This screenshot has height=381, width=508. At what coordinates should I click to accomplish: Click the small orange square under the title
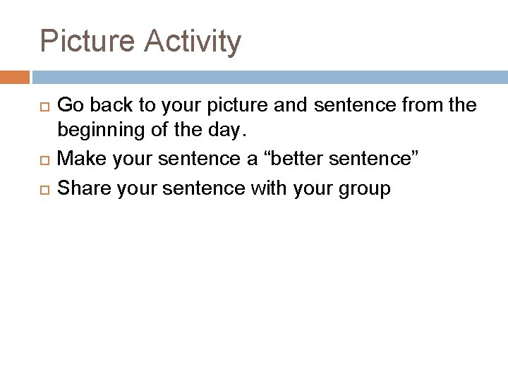pyautogui.click(x=15, y=75)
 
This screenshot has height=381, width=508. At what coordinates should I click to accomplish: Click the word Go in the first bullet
pyautogui.click(x=69, y=106)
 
